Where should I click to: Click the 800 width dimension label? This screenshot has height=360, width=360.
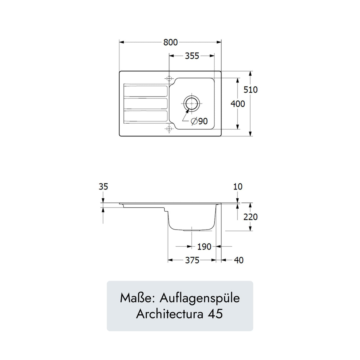(x=171, y=42)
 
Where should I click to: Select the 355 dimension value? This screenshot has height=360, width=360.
(x=192, y=56)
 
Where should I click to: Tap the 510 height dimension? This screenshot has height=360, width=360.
(x=250, y=90)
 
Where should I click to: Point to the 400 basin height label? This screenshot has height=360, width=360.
(x=238, y=104)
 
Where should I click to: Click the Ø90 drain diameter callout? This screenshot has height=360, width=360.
(x=199, y=121)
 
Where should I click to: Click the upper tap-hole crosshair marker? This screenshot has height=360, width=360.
(x=169, y=79)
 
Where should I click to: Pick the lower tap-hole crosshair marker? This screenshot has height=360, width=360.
(x=169, y=129)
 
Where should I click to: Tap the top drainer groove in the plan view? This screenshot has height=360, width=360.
(x=145, y=91)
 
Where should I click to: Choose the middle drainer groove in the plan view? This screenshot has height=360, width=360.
(x=145, y=103)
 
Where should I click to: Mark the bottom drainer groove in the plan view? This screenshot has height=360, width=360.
(x=145, y=116)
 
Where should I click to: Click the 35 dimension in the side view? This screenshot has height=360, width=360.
(x=103, y=187)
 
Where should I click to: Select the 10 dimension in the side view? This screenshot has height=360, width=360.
(x=238, y=187)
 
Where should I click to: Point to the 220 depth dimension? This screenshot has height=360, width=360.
(x=250, y=217)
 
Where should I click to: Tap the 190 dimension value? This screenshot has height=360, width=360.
(x=204, y=246)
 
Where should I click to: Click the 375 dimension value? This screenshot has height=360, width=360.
(x=192, y=260)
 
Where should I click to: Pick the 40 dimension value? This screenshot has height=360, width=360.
(x=239, y=260)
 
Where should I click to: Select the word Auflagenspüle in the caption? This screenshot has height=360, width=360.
(x=200, y=298)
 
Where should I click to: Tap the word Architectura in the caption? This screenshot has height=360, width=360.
(x=170, y=314)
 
